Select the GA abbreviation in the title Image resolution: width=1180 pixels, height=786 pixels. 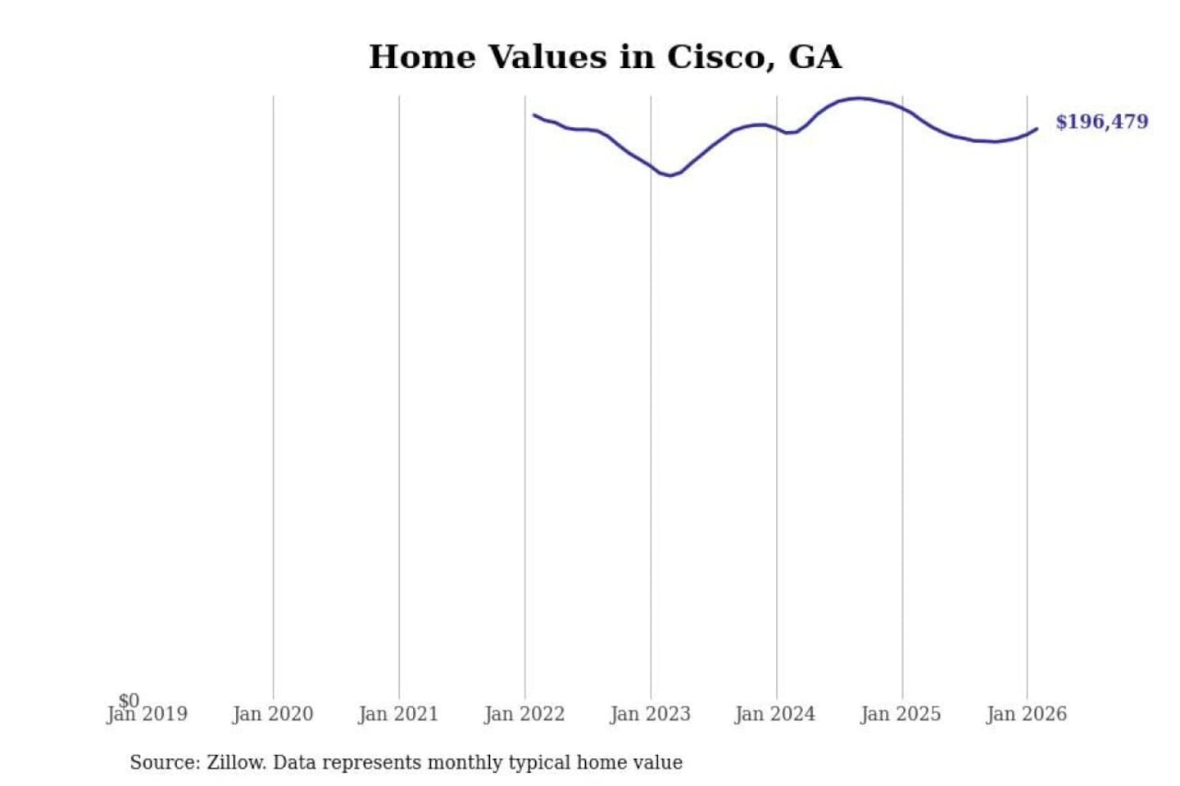[815, 57]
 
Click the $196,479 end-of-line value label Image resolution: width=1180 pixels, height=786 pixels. [1101, 122]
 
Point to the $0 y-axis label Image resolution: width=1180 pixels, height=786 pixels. [129, 700]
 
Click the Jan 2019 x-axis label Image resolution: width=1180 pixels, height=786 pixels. [147, 715]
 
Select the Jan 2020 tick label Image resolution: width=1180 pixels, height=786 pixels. [273, 715]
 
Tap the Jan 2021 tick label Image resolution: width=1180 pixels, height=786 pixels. [399, 715]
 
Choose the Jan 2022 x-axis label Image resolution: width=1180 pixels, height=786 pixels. [524, 715]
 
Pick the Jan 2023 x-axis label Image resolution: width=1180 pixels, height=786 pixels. [651, 715]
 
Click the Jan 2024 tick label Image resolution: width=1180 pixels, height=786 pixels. [775, 715]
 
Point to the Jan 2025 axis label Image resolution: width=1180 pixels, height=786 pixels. [901, 715]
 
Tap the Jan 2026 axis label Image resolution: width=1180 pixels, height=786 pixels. [1027, 715]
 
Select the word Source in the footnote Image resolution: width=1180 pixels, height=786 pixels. [164, 762]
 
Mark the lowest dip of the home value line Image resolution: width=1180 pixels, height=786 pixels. [670, 175]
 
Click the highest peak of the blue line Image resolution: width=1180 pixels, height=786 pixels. [858, 98]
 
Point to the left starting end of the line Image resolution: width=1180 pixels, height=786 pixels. [534, 115]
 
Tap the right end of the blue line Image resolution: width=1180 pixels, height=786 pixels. [1037, 129]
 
